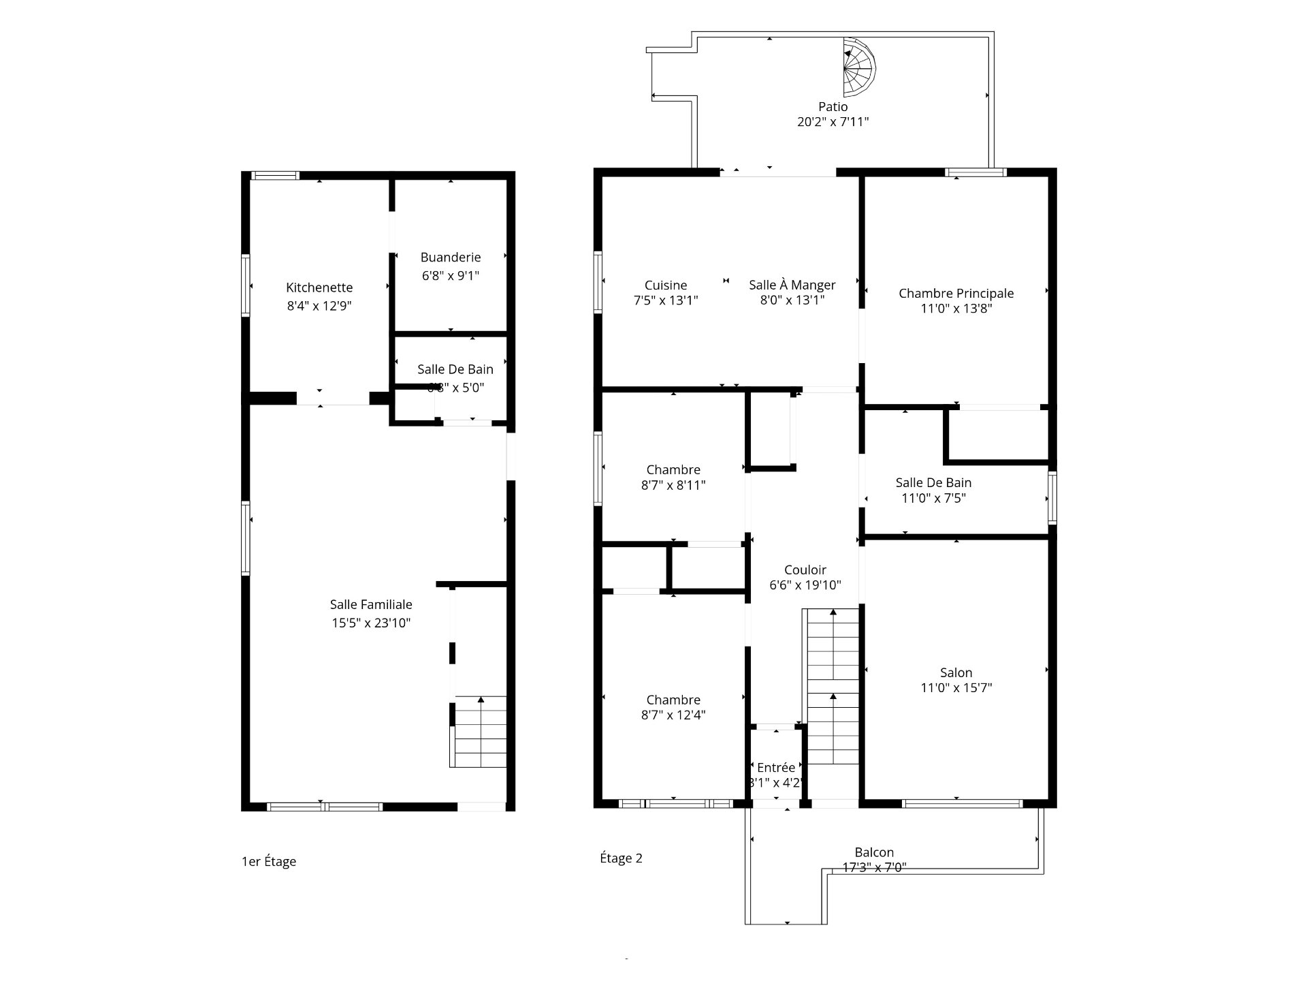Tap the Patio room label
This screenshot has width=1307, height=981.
(833, 107)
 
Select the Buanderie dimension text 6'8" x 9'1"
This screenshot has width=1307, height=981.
(450, 276)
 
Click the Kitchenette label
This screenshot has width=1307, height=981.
(319, 287)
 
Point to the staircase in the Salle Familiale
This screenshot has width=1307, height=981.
(480, 732)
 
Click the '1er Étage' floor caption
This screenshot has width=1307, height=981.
(269, 862)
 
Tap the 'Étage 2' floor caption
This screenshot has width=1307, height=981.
(621, 858)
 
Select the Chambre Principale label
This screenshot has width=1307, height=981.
(956, 294)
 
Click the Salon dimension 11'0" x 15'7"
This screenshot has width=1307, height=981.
(956, 688)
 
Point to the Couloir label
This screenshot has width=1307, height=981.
(805, 570)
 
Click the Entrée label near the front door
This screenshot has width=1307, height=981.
(776, 768)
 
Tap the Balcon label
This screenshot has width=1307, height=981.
(874, 853)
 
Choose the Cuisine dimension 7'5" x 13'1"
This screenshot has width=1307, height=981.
(666, 300)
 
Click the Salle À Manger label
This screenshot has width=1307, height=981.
(792, 285)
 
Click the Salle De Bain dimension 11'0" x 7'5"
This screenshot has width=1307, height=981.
(933, 498)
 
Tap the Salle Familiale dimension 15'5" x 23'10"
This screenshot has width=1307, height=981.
(371, 623)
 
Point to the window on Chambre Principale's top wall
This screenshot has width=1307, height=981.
(975, 172)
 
